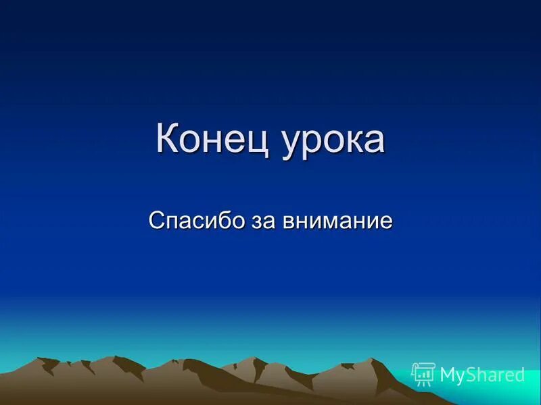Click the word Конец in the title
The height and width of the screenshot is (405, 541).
pyautogui.click(x=210, y=139)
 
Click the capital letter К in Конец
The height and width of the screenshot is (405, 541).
pyautogui.click(x=168, y=138)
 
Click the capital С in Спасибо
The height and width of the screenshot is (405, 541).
pyautogui.click(x=155, y=221)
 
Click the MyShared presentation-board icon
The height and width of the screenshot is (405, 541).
pyautogui.click(x=423, y=374)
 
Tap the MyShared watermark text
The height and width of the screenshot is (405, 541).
pyautogui.click(x=482, y=375)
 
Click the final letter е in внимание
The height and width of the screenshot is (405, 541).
pyautogui.click(x=386, y=222)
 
